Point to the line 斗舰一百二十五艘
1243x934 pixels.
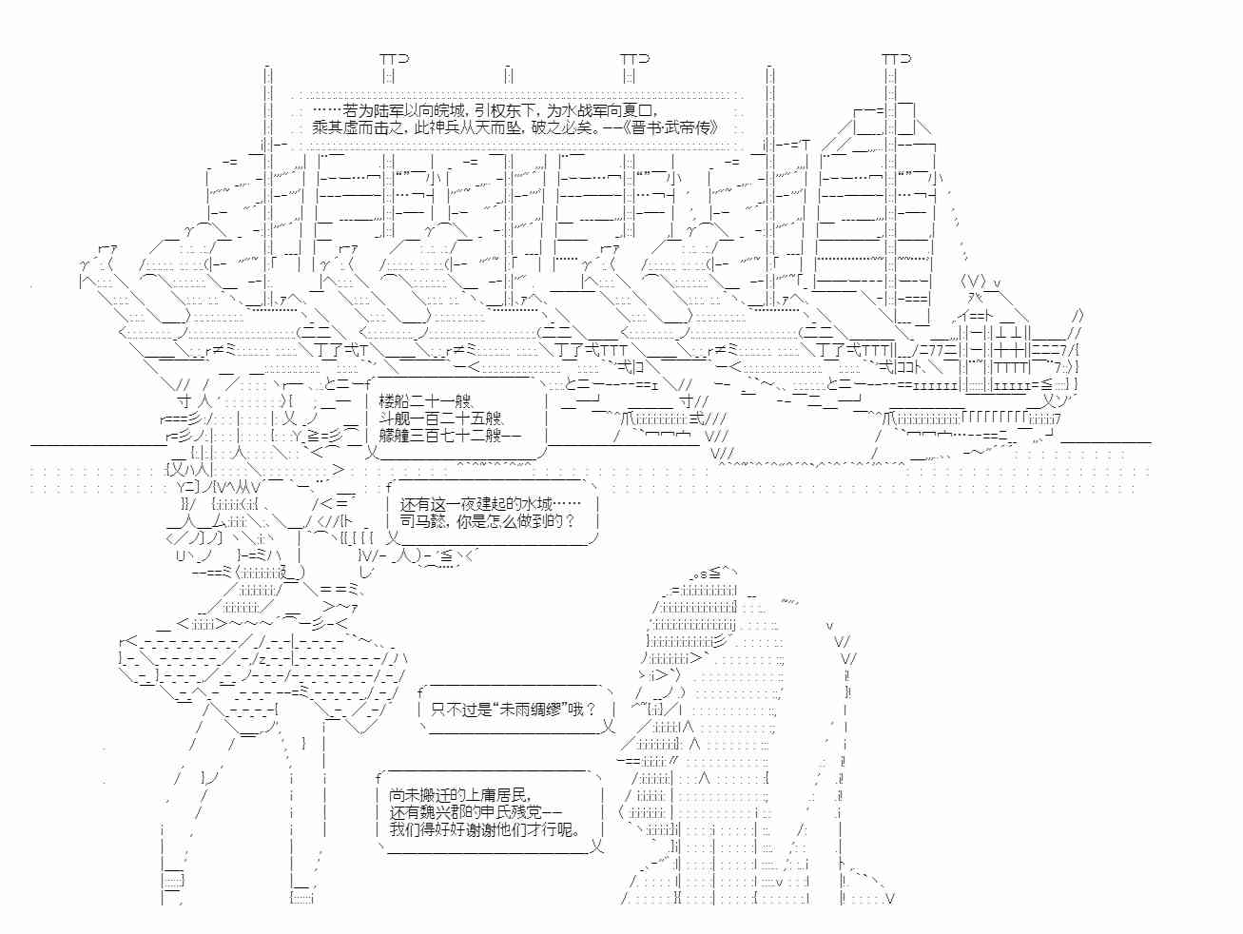pos(440,418)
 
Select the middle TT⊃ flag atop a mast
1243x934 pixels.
pos(634,59)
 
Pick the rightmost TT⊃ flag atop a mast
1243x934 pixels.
pos(896,59)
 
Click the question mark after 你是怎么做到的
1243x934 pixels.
pos(570,522)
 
